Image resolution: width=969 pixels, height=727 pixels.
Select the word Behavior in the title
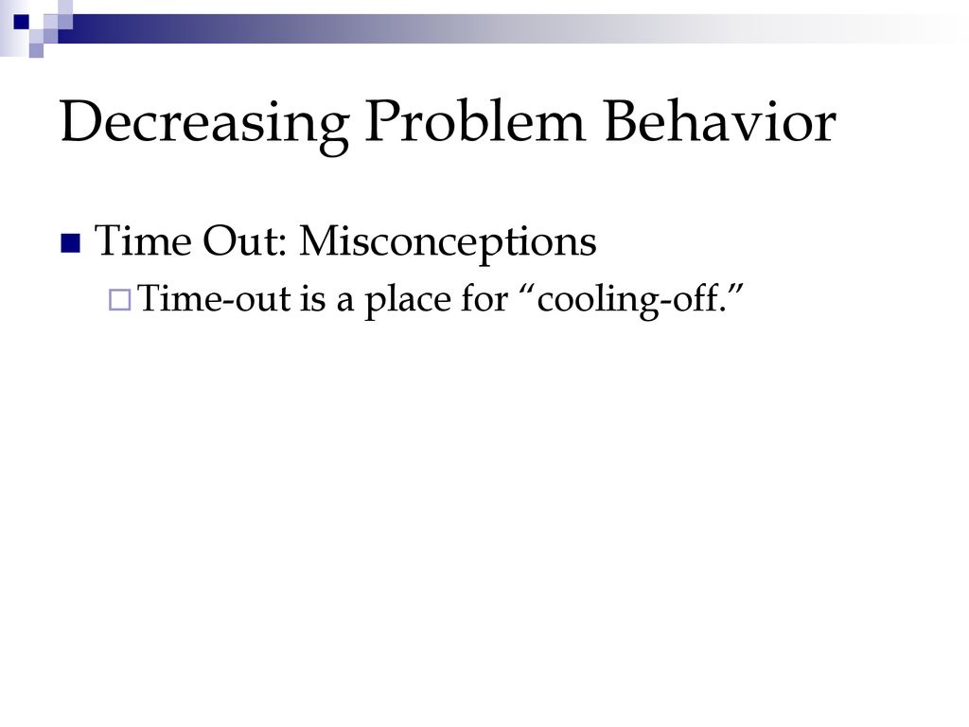click(720, 120)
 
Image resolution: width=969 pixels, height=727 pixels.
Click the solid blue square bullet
click(70, 243)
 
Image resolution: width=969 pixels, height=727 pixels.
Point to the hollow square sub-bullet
click(120, 300)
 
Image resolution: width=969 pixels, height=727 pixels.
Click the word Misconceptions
click(448, 241)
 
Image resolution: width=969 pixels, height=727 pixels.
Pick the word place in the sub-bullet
click(407, 300)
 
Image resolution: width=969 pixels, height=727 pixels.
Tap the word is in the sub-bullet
click(312, 298)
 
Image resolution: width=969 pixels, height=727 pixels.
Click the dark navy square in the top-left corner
click(21, 22)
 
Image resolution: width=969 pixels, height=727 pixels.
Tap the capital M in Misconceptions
click(324, 240)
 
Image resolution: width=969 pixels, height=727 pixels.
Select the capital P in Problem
click(383, 121)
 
